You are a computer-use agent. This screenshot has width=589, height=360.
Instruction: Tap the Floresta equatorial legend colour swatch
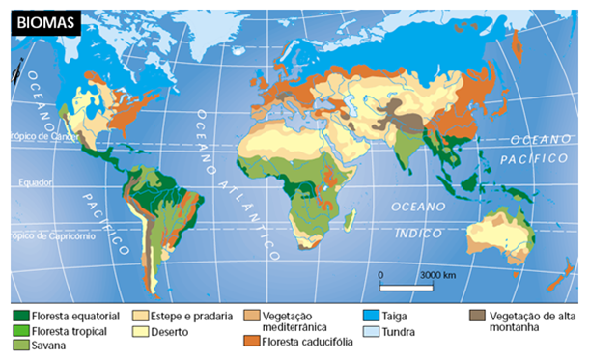tap(19, 316)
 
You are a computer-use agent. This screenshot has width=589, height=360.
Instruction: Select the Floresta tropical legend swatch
tap(19, 330)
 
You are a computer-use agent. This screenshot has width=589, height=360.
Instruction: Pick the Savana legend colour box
tap(19, 345)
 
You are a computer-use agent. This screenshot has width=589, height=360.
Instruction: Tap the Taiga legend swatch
tap(370, 316)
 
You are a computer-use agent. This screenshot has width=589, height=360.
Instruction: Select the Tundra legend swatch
tap(370, 332)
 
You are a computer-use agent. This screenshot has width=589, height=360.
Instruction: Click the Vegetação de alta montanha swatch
tap(477, 316)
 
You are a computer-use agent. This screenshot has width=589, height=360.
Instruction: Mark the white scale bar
tap(411, 287)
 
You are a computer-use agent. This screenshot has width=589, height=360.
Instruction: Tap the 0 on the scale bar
tap(381, 275)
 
